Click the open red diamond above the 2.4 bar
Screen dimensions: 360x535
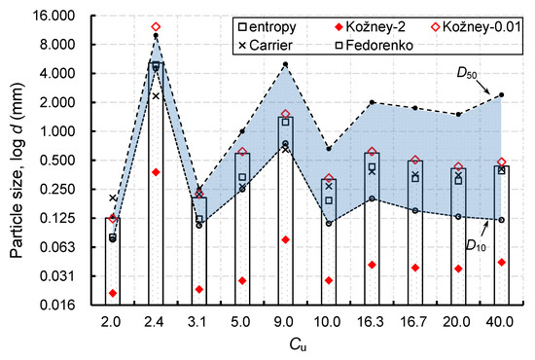[156, 27]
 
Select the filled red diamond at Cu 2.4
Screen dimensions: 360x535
[156, 172]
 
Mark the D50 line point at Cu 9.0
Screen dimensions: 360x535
[285, 64]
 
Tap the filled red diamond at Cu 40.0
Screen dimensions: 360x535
[501, 263]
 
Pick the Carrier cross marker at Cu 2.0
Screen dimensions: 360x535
[113, 198]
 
